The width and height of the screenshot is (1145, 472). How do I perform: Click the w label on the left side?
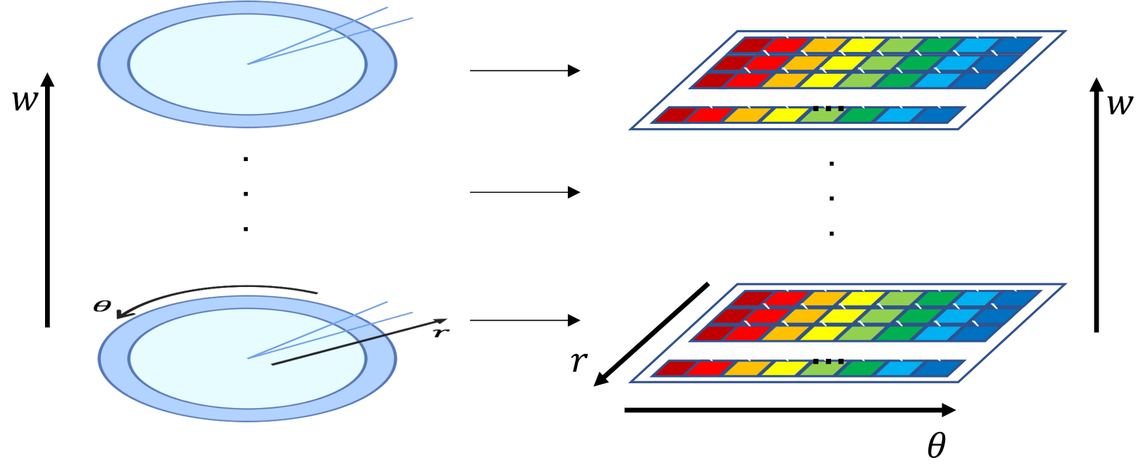pos(25,101)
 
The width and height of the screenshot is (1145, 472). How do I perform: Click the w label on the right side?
pos(1119,105)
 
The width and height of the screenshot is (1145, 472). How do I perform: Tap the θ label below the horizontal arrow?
pos(936,445)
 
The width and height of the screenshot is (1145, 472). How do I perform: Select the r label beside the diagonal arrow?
pos(578,361)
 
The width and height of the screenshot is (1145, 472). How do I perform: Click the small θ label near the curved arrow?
pos(102,306)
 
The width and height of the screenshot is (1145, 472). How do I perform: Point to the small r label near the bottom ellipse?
pos(441,331)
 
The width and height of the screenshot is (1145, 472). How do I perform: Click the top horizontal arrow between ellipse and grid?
pos(524,70)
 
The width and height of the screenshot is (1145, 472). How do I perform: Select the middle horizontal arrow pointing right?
pos(524,192)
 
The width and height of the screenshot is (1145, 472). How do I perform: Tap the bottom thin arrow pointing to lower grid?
pos(524,320)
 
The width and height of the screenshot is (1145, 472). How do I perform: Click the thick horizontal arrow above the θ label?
pos(788,410)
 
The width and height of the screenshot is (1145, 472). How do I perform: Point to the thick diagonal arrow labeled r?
pos(651,334)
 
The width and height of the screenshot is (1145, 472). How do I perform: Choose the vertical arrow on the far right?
pos(1096,204)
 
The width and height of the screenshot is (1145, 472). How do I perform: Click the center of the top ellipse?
pos(247,64)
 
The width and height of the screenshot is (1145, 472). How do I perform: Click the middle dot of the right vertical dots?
pos(832,198)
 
